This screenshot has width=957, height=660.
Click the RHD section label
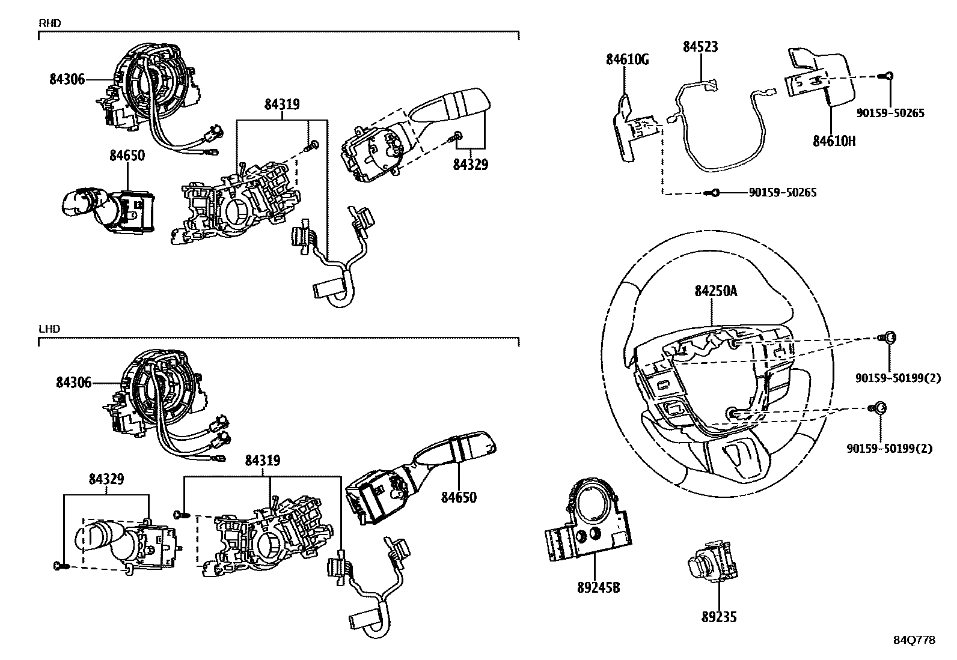click(50, 23)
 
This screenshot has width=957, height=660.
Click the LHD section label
click(49, 328)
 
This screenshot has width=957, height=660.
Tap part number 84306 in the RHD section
click(67, 79)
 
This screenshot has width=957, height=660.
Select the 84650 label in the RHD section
click(127, 156)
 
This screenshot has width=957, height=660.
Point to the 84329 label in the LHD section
click(106, 479)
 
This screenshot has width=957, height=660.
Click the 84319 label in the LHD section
click(263, 460)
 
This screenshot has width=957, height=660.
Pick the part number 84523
click(700, 46)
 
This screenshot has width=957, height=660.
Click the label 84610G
click(627, 60)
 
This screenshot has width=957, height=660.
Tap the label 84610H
click(834, 141)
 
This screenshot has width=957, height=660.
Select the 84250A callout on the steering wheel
click(716, 291)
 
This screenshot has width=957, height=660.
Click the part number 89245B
click(599, 588)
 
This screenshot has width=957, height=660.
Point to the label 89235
click(719, 617)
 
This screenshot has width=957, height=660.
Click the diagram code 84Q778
click(914, 640)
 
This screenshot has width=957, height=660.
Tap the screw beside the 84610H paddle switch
click(885, 76)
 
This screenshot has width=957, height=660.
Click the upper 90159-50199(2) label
click(898, 378)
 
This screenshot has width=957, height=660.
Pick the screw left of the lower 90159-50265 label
click(712, 193)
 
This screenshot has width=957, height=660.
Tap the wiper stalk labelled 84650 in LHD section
click(421, 477)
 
